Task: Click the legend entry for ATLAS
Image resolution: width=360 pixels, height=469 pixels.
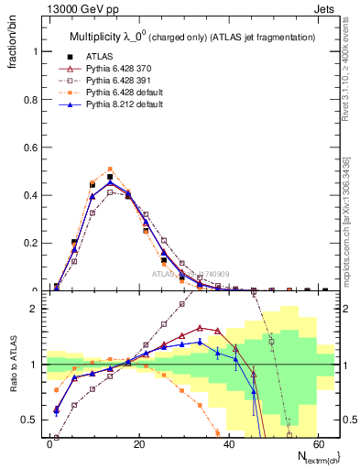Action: (x=100, y=56)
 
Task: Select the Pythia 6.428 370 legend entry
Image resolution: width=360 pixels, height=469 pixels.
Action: (x=115, y=68)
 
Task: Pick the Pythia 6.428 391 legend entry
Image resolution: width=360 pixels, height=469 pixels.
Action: (x=115, y=80)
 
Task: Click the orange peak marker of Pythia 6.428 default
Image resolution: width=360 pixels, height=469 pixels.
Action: (x=110, y=169)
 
